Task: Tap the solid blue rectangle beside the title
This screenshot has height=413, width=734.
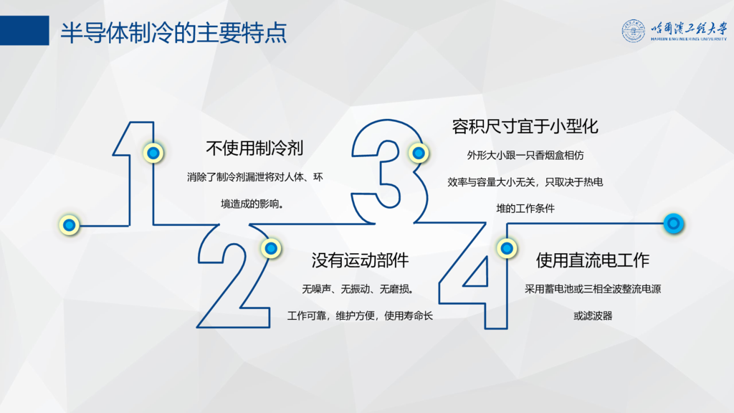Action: click(x=24, y=30)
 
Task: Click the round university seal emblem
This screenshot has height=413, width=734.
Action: click(x=634, y=31)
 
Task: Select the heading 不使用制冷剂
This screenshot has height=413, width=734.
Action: click(x=254, y=148)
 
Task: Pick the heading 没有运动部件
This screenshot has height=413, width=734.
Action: click(x=360, y=260)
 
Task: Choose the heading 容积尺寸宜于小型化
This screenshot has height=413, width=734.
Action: click(x=525, y=126)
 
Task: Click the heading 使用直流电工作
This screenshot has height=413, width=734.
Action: click(x=593, y=260)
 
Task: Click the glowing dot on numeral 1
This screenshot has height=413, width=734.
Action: click(x=153, y=153)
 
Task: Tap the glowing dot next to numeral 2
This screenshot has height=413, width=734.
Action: click(x=271, y=248)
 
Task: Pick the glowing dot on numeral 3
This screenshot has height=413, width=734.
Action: click(x=419, y=153)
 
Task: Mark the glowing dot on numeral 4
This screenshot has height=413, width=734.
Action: click(x=507, y=248)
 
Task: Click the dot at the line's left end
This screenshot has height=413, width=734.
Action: click(x=70, y=225)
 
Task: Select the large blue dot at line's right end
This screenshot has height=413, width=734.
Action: click(x=674, y=224)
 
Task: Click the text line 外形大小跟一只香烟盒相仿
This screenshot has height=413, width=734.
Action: click(x=525, y=156)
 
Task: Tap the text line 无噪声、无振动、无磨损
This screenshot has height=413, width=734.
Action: click(x=358, y=290)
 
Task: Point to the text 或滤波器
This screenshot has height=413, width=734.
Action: click(x=593, y=316)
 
